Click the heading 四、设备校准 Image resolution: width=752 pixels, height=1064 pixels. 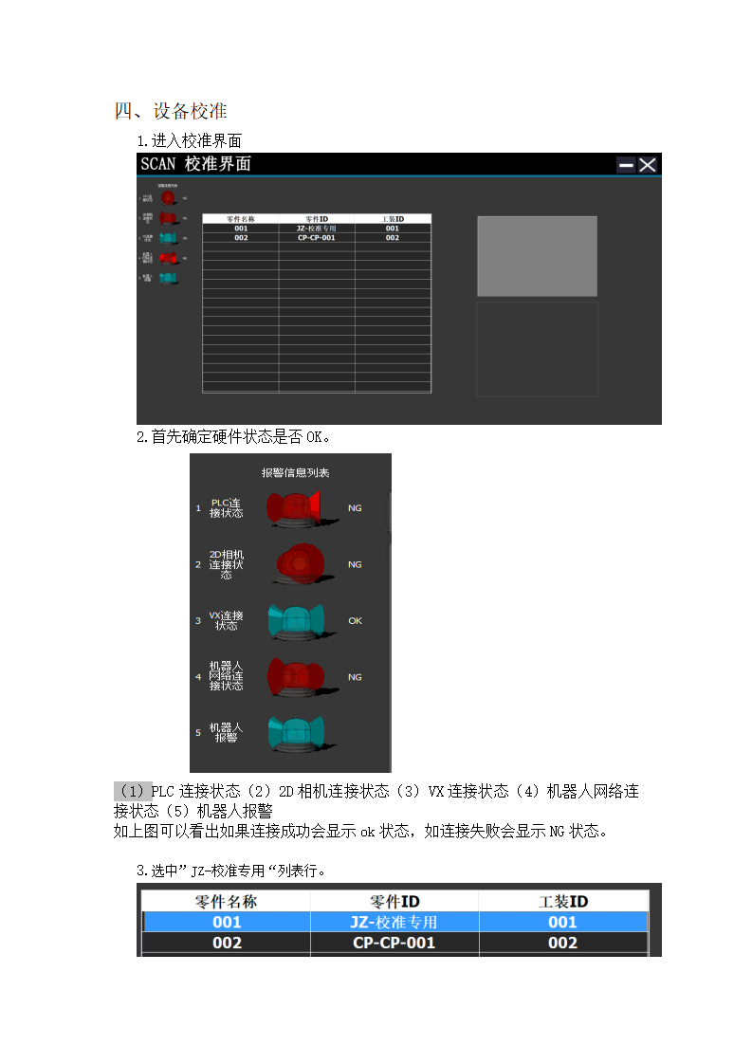pyautogui.click(x=171, y=111)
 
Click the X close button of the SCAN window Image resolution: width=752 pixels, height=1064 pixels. pyautogui.click(x=648, y=165)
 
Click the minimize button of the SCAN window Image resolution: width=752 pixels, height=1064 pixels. pyautogui.click(x=626, y=165)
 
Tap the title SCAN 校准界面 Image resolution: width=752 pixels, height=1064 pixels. pyautogui.click(x=195, y=164)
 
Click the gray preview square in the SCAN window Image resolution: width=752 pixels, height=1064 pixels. pyautogui.click(x=537, y=256)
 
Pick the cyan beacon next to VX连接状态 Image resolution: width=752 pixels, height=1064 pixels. pyautogui.click(x=295, y=620)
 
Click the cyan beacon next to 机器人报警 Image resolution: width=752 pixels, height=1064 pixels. pyautogui.click(x=295, y=733)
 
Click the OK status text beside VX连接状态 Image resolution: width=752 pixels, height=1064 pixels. pyautogui.click(x=355, y=621)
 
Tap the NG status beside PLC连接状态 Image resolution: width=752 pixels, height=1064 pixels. pyautogui.click(x=355, y=508)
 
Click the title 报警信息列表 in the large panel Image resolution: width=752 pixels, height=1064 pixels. pyautogui.click(x=295, y=472)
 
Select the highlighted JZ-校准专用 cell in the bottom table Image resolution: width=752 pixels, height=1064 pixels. pyautogui.click(x=394, y=922)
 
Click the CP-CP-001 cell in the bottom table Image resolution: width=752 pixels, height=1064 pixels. pyautogui.click(x=394, y=943)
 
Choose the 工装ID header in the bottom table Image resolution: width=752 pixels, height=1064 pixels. pyautogui.click(x=562, y=901)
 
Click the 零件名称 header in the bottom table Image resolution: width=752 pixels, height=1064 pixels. pyautogui.click(x=226, y=901)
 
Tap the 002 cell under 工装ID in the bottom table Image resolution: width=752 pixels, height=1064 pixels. pyautogui.click(x=562, y=943)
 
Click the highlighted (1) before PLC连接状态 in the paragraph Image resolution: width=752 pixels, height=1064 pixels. pyautogui.click(x=133, y=791)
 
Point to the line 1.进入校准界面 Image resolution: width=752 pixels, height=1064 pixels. pyautogui.click(x=190, y=141)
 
